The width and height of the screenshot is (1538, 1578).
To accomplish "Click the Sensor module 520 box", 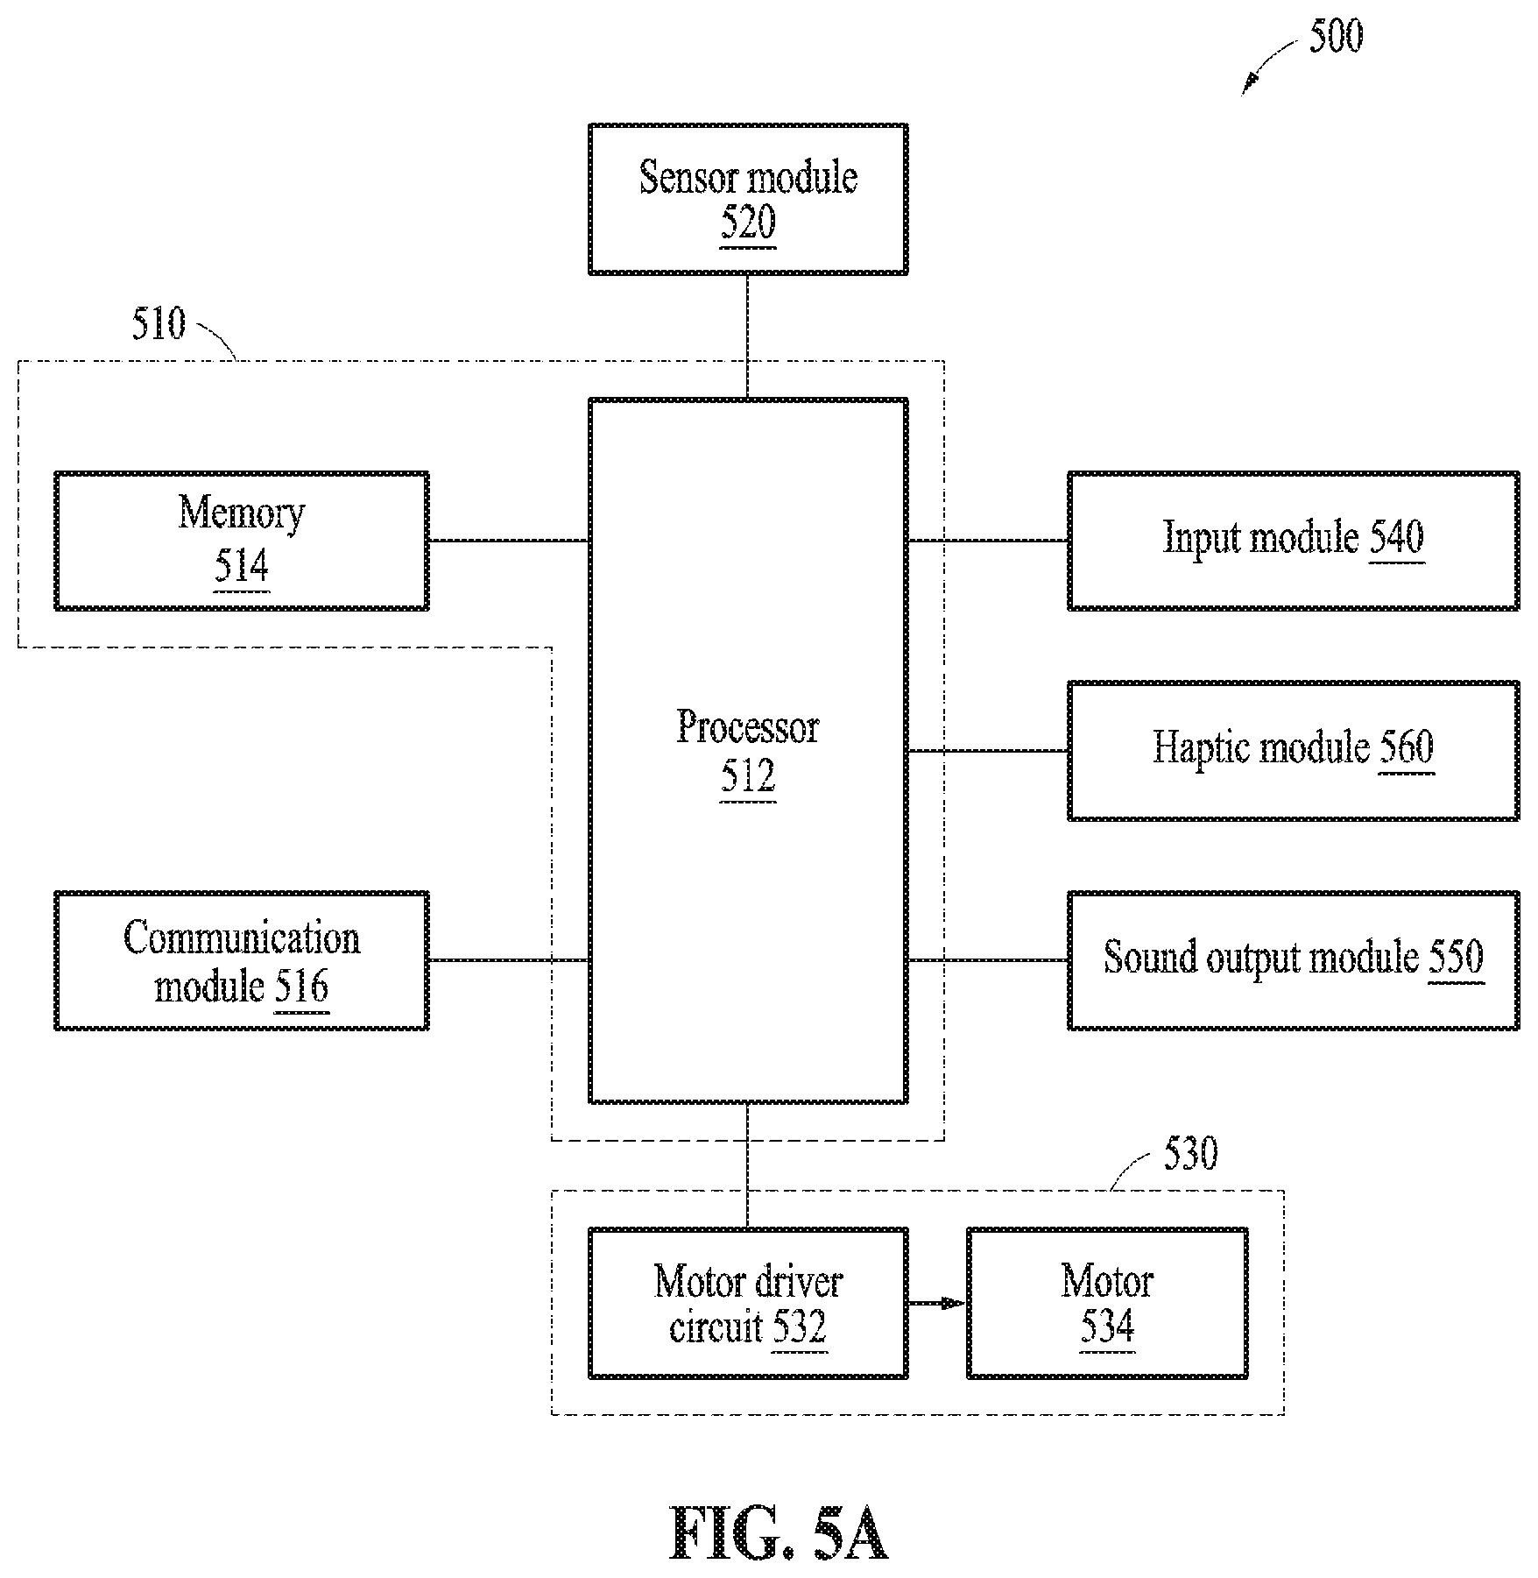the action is [x=748, y=199].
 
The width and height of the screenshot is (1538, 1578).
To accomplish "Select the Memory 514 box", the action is [x=242, y=541].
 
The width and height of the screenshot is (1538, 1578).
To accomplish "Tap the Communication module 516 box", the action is [x=242, y=960].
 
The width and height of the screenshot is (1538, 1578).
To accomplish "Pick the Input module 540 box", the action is [x=1293, y=541].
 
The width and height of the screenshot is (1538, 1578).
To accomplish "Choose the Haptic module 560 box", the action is [x=1293, y=750].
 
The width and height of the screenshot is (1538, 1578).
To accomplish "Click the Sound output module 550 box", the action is [x=1293, y=960].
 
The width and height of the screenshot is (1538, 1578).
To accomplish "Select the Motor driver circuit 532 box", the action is [x=748, y=1303].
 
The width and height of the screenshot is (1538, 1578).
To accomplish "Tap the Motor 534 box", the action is [x=1107, y=1303].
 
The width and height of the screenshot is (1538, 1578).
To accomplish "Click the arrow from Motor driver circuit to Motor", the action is [x=937, y=1303].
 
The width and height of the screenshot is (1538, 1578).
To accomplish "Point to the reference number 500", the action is [x=1336, y=36].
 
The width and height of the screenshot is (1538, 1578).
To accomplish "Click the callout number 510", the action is [x=159, y=323].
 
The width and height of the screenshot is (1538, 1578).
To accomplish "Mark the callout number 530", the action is [x=1190, y=1154].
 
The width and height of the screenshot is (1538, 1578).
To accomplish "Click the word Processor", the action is [x=748, y=726].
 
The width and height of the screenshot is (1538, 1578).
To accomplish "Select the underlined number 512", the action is [x=748, y=777].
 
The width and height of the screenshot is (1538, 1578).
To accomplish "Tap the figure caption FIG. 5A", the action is [x=779, y=1532].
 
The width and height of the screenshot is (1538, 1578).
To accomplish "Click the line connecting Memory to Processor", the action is [x=509, y=541].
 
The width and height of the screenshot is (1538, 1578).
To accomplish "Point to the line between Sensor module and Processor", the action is [x=747, y=336].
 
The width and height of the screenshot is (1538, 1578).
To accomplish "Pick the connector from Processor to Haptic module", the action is [x=988, y=751].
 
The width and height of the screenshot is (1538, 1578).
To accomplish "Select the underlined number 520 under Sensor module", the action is [x=748, y=223].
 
